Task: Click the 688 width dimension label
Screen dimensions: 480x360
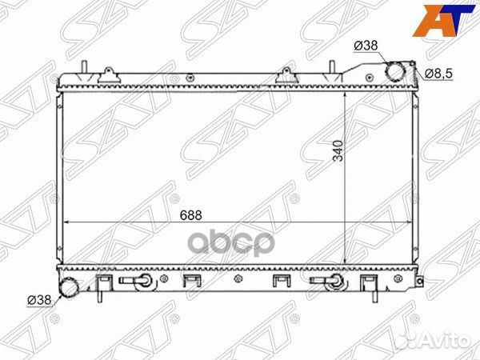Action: [190, 215]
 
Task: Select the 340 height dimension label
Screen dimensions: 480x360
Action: [338, 150]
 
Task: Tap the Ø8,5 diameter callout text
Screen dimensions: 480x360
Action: [438, 74]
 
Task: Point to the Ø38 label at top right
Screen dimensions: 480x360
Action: [366, 46]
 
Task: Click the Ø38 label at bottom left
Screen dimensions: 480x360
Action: [39, 300]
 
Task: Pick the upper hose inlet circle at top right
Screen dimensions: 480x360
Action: [395, 71]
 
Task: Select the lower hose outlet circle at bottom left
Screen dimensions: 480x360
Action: [69, 287]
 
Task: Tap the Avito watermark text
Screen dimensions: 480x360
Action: [433, 340]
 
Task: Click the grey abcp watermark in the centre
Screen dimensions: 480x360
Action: [229, 244]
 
